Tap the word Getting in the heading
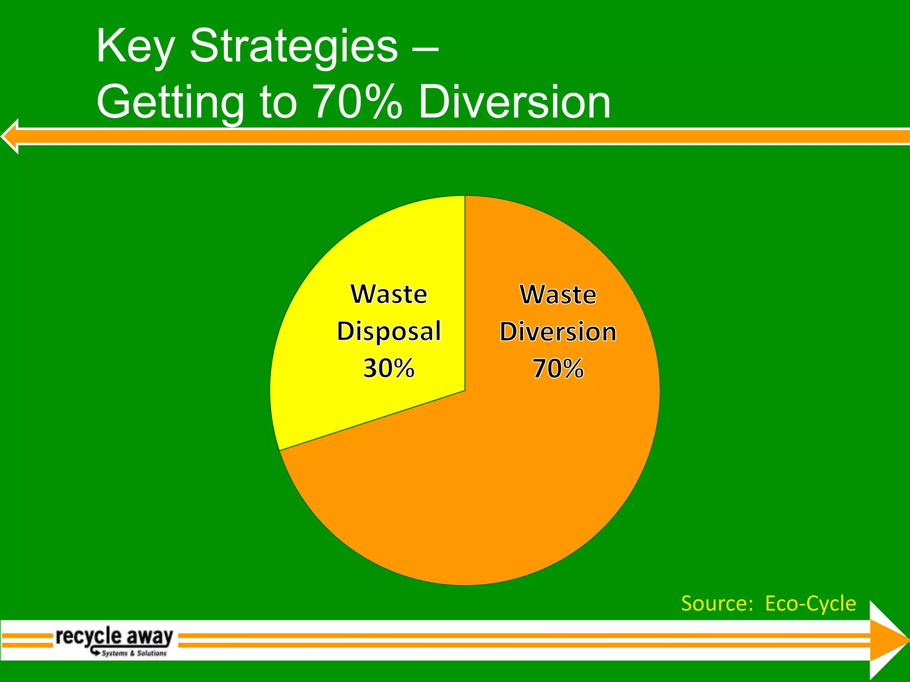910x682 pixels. pos(170,103)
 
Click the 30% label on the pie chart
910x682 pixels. pos(389,368)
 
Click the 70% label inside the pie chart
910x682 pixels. pos(558,369)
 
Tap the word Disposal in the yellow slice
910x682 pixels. pos(389,332)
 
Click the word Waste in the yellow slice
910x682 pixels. pos(389,294)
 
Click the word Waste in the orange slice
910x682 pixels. pos(558,295)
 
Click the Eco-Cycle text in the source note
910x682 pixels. pos(810,603)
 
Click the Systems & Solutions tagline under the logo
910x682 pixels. pos(134,653)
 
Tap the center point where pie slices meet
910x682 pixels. pos(465,391)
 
